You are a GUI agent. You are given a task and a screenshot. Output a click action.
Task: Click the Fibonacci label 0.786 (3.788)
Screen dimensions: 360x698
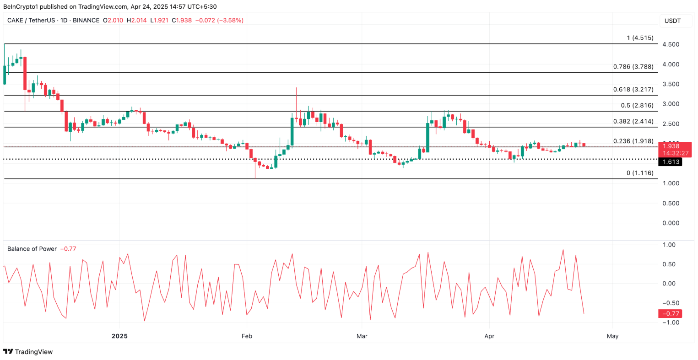[633, 67]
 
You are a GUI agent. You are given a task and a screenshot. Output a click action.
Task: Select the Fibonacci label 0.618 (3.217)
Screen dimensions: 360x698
[633, 90]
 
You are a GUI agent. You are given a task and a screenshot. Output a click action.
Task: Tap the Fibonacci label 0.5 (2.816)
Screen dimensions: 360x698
[637, 105]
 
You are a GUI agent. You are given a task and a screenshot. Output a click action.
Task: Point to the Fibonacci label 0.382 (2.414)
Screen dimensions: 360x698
[633, 121]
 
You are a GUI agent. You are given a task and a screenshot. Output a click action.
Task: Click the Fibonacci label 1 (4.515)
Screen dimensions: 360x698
[640, 38]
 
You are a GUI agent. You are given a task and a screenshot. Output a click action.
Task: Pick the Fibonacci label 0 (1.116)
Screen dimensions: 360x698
[640, 173]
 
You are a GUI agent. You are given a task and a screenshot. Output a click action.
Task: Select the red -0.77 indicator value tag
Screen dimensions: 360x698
[670, 314]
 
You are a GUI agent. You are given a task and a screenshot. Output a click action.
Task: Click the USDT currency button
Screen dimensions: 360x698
[672, 21]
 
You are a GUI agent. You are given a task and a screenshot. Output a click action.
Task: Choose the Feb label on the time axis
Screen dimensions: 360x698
[247, 336]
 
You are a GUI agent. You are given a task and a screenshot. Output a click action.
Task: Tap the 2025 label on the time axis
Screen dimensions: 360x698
[119, 336]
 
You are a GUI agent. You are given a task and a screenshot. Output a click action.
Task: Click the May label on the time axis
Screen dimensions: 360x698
[612, 336]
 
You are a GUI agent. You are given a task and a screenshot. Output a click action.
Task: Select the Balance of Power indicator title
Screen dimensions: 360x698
[32, 249]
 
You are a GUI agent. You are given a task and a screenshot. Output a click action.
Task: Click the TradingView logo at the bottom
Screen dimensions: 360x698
[28, 352]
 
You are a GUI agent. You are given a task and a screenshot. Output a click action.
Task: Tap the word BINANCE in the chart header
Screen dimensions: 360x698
[86, 21]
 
